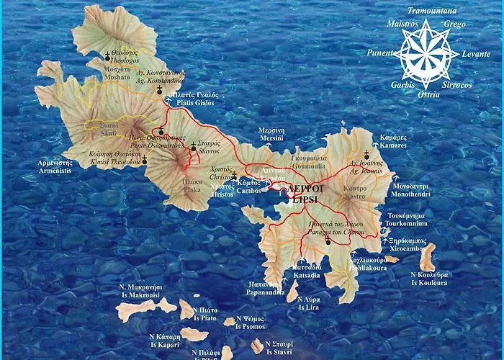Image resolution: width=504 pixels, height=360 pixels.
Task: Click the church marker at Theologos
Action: tap(109, 56)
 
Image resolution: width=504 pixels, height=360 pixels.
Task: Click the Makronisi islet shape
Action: tap(144, 310)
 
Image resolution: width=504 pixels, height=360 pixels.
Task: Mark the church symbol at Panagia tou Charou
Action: tap(327, 241)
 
